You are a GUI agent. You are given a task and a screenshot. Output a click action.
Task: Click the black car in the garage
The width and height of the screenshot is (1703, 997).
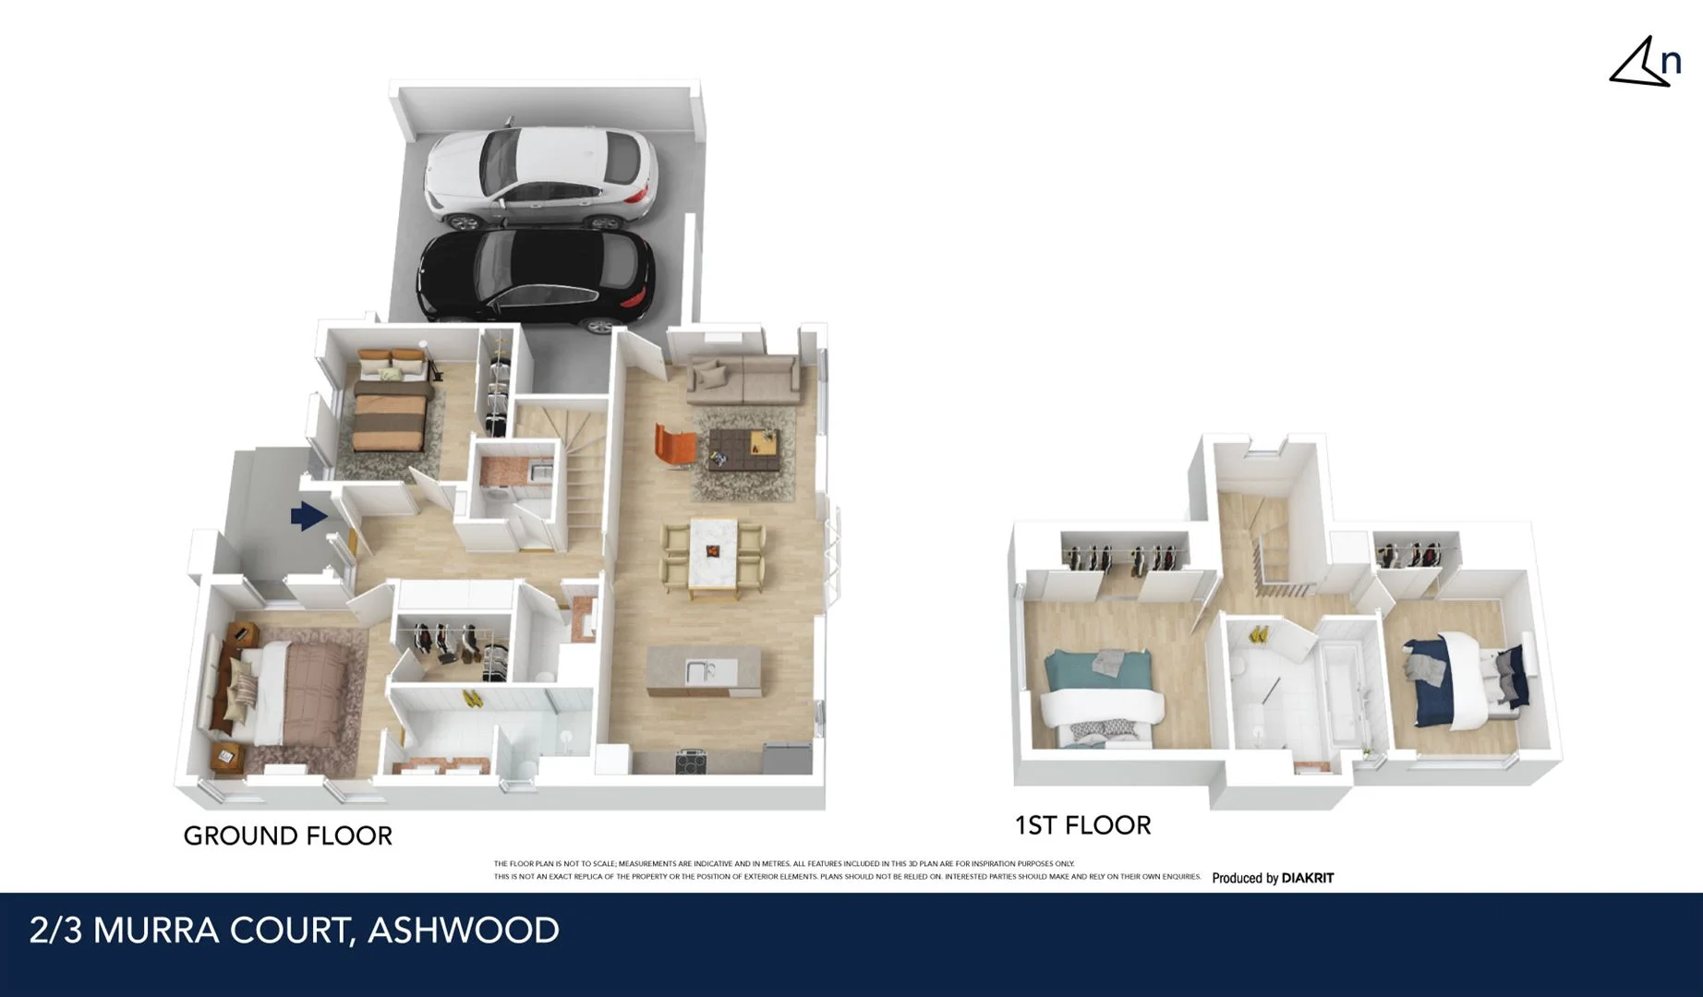point(536,277)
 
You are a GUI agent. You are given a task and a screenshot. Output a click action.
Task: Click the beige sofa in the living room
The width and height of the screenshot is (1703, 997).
point(743,378)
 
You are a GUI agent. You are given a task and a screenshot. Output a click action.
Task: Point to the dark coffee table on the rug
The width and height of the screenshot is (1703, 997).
point(739,449)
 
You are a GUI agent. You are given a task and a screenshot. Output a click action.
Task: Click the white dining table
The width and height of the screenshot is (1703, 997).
point(713,553)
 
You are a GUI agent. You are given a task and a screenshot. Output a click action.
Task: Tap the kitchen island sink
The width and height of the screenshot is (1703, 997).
point(699,670)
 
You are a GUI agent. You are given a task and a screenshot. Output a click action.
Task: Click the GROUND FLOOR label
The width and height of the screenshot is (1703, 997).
point(287,836)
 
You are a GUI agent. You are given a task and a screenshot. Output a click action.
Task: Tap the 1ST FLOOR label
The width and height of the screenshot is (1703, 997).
point(1082,825)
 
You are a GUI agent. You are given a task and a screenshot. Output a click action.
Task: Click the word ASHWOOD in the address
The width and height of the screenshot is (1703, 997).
point(464,931)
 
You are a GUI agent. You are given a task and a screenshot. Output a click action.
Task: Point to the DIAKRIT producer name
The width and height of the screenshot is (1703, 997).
point(1307,878)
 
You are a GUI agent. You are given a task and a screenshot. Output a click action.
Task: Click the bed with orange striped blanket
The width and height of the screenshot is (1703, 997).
point(392,406)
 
